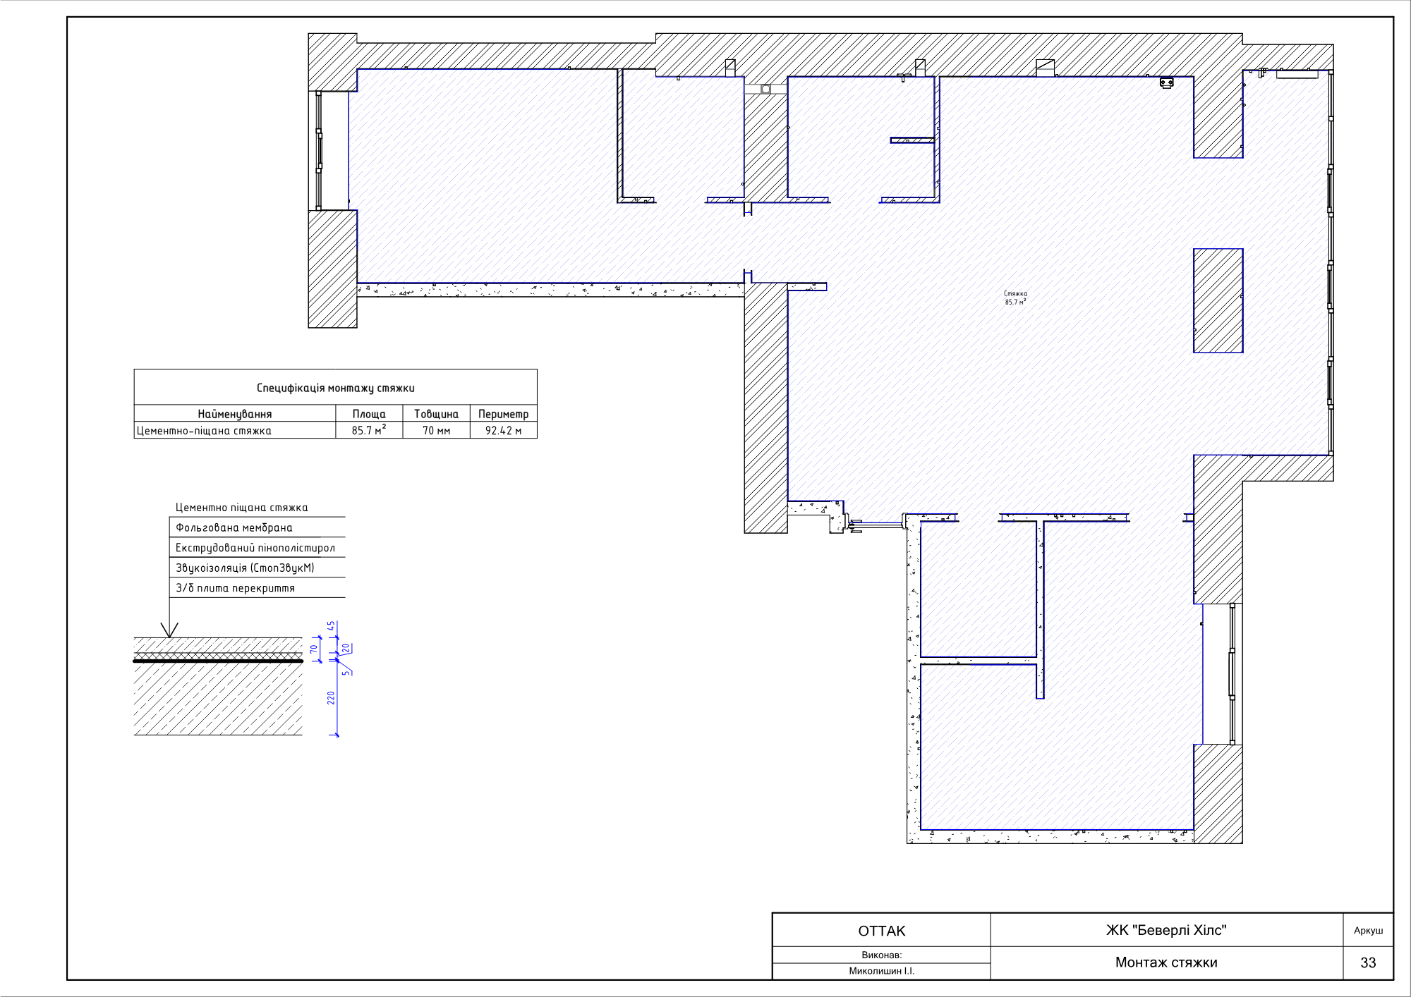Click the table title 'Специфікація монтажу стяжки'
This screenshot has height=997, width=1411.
point(336,388)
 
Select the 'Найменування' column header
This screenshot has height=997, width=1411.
point(235,414)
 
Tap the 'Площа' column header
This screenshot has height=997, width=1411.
point(369,414)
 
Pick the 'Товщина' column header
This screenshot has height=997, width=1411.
point(436,414)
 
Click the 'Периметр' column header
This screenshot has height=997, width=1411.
point(504,414)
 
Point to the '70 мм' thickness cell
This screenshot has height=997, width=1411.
point(436,431)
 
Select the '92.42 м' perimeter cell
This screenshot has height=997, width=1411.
point(504,431)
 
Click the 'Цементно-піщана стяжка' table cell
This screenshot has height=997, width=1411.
point(204,431)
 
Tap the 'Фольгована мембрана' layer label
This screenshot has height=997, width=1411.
point(234,527)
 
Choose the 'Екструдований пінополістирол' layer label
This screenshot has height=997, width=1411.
point(255,548)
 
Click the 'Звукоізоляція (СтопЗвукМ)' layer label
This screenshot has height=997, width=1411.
point(245,568)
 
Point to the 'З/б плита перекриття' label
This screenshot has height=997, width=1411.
point(236,588)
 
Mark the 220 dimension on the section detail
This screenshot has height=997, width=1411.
point(331,698)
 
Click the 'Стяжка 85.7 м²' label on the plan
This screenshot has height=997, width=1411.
point(1016,298)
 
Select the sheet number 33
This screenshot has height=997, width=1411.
point(1368,962)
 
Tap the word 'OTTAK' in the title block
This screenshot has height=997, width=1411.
point(882,931)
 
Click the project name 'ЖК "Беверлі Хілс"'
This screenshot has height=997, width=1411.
point(1166,930)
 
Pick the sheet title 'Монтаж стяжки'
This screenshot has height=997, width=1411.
point(1166,962)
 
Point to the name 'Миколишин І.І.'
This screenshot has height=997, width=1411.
point(882,971)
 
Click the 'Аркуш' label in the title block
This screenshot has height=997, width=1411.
point(1369,931)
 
